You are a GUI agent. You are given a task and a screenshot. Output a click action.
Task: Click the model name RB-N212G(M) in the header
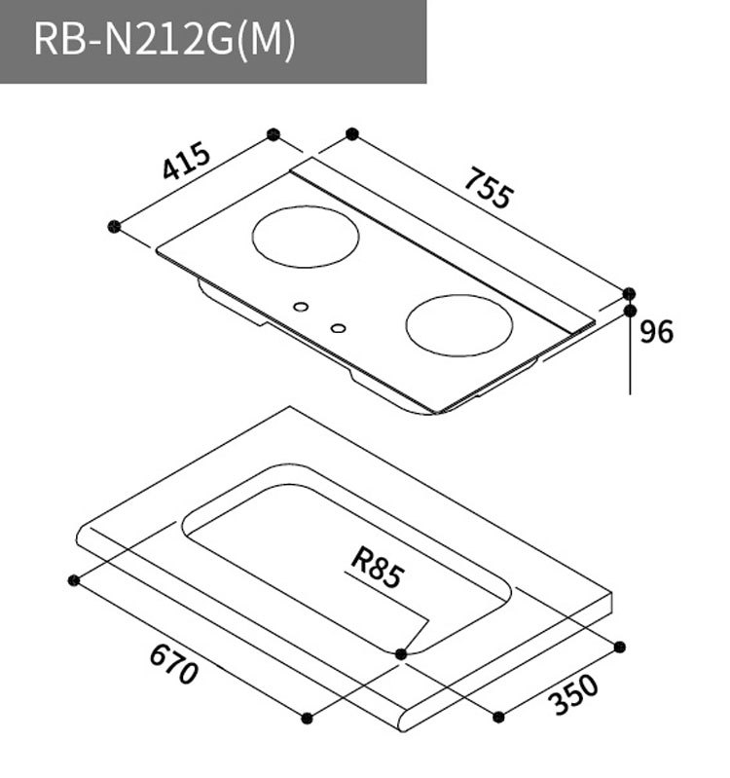(x=164, y=42)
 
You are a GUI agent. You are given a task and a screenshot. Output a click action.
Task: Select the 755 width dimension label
(x=487, y=188)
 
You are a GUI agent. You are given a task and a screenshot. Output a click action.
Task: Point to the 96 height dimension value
(x=657, y=332)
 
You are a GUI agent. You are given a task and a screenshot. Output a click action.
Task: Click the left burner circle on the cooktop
(x=305, y=237)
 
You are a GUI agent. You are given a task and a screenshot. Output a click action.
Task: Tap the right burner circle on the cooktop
(x=458, y=325)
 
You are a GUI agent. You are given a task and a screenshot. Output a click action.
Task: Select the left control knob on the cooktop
(x=302, y=308)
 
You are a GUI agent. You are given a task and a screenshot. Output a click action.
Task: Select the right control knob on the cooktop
(x=338, y=328)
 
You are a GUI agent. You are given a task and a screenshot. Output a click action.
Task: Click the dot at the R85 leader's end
(x=401, y=653)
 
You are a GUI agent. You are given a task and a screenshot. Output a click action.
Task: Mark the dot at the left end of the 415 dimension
(x=115, y=226)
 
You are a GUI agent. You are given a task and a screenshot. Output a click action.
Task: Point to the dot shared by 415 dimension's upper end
(x=274, y=132)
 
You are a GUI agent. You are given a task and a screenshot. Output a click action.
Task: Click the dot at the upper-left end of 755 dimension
(x=352, y=132)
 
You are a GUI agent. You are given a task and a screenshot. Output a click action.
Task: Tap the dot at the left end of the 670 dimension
(x=73, y=580)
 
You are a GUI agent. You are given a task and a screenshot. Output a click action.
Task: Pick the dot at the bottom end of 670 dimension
(x=307, y=718)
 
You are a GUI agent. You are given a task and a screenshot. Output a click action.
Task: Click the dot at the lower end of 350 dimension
(x=498, y=717)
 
